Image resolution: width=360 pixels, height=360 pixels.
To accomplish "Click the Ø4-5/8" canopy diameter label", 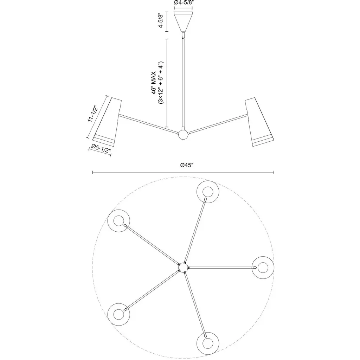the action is pyautogui.click(x=183, y=2).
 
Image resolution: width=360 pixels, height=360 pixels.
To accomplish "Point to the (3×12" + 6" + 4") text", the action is pyautogui.click(x=161, y=83).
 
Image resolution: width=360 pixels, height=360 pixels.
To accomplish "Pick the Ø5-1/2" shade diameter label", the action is pyautogui.click(x=101, y=148).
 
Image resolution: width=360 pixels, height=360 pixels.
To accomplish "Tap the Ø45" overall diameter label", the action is pyautogui.click(x=187, y=165).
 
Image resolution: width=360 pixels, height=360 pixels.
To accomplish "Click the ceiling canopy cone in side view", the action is pyautogui.click(x=183, y=21).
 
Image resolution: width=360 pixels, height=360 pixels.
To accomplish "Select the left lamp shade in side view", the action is pyautogui.click(x=107, y=122).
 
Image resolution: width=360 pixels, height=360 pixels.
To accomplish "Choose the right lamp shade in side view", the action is pyautogui.click(x=259, y=122).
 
